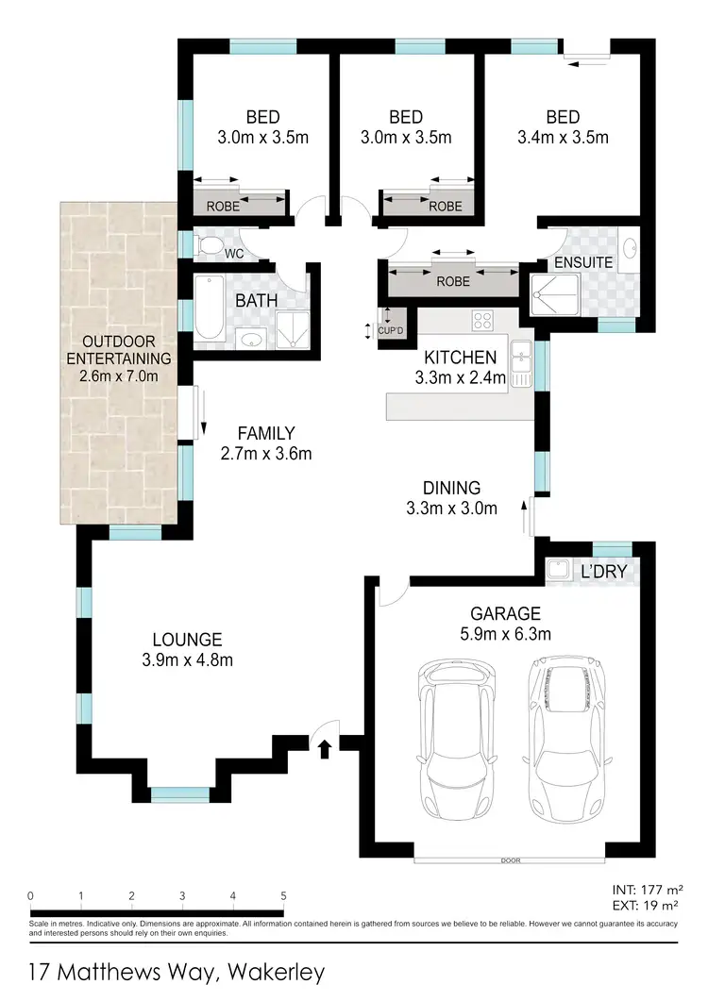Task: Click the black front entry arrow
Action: pyautogui.click(x=325, y=748)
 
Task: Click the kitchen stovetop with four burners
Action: pyautogui.click(x=482, y=321)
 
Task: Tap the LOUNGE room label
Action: pyautogui.click(x=191, y=639)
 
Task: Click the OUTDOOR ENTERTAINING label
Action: pyautogui.click(x=119, y=348)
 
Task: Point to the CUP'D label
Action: pyautogui.click(x=392, y=330)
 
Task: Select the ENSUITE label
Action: pyautogui.click(x=583, y=261)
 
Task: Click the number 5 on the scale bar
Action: pyautogui.click(x=283, y=896)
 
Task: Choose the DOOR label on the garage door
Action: pyautogui.click(x=512, y=860)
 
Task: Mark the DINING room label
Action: pyautogui.click(x=451, y=488)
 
